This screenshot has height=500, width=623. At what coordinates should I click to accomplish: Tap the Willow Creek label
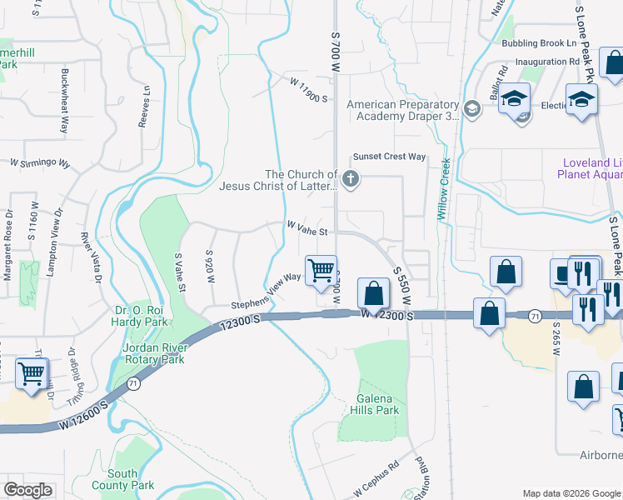445,189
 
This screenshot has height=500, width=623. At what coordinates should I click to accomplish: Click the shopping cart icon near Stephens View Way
321,270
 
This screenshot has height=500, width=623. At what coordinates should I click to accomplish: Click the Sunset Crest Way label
389,157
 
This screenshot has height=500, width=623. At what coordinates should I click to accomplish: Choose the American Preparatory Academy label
403,110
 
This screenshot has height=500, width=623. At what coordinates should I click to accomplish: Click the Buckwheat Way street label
64,101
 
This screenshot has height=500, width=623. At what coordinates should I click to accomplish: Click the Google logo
27,489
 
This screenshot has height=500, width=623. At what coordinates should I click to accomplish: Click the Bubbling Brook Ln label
539,43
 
